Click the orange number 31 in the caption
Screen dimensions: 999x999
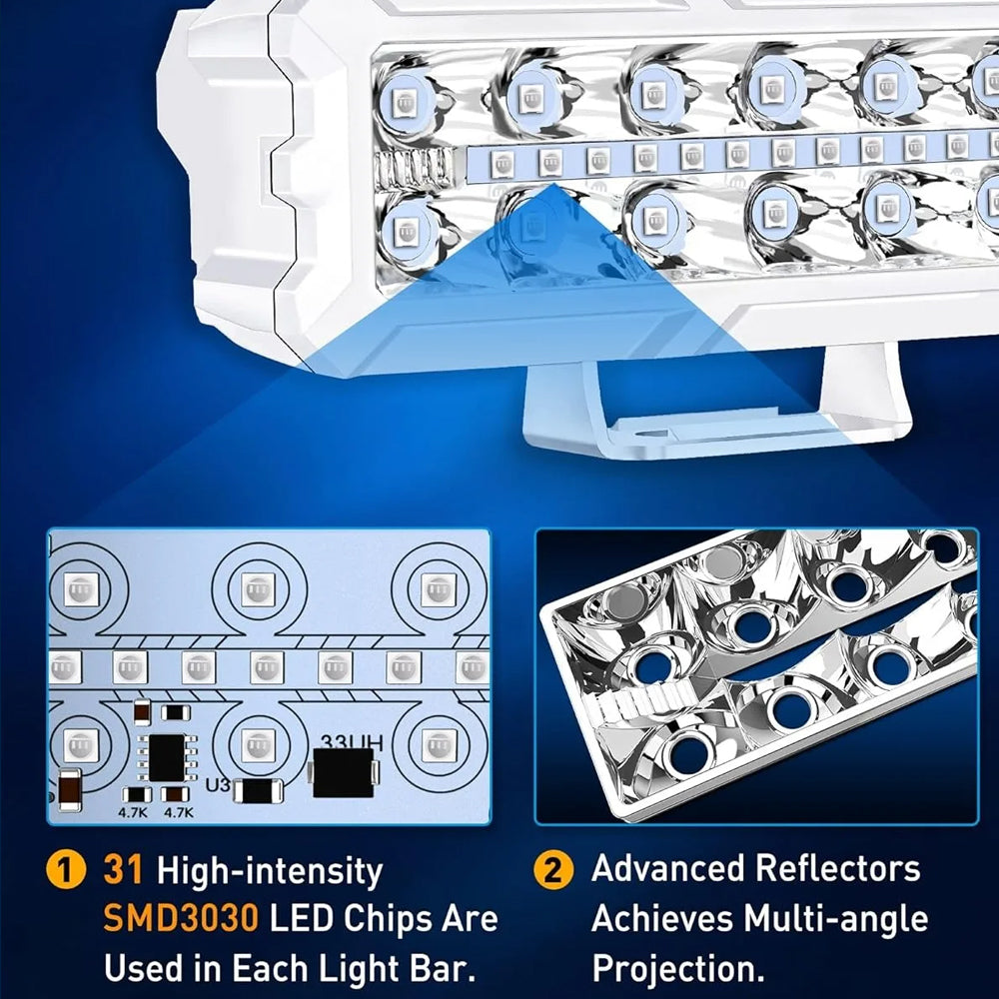[122, 870]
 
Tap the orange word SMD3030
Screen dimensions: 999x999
[180, 919]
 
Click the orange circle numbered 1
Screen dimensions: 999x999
[66, 870]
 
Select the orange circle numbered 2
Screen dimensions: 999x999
[553, 870]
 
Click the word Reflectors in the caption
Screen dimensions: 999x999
[837, 868]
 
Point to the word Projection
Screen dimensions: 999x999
[678, 969]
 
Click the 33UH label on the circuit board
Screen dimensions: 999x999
[351, 743]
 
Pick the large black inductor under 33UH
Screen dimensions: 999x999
[344, 773]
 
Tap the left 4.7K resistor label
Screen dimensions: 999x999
[133, 812]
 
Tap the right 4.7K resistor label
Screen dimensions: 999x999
[179, 812]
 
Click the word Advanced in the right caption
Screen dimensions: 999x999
[669, 868]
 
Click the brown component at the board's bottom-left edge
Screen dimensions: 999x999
[70, 789]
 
